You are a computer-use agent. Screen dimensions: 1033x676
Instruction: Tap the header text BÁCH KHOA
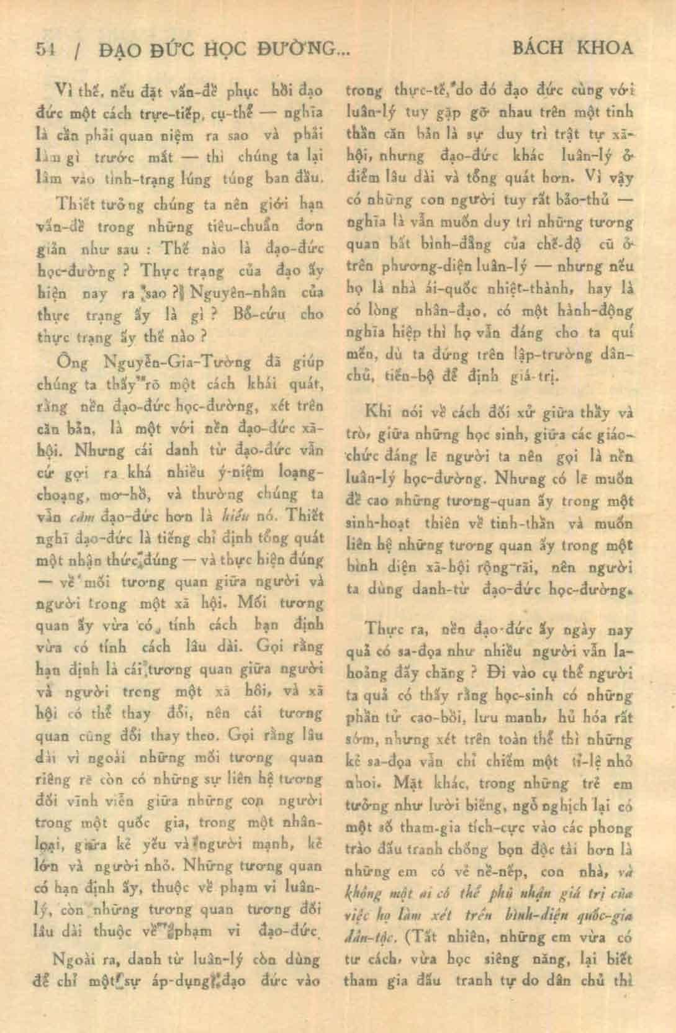pyautogui.click(x=573, y=48)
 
